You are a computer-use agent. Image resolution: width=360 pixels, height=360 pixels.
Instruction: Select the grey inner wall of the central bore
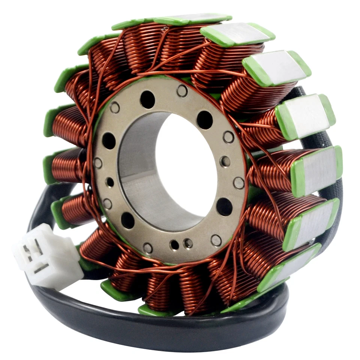(x=139, y=169)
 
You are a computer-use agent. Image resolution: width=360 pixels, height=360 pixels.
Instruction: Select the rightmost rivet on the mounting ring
(x=239, y=183)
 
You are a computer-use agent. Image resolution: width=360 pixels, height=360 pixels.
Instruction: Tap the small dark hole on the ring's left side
(x=110, y=182)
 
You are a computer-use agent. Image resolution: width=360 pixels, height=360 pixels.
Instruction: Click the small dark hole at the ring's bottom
(x=174, y=245)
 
